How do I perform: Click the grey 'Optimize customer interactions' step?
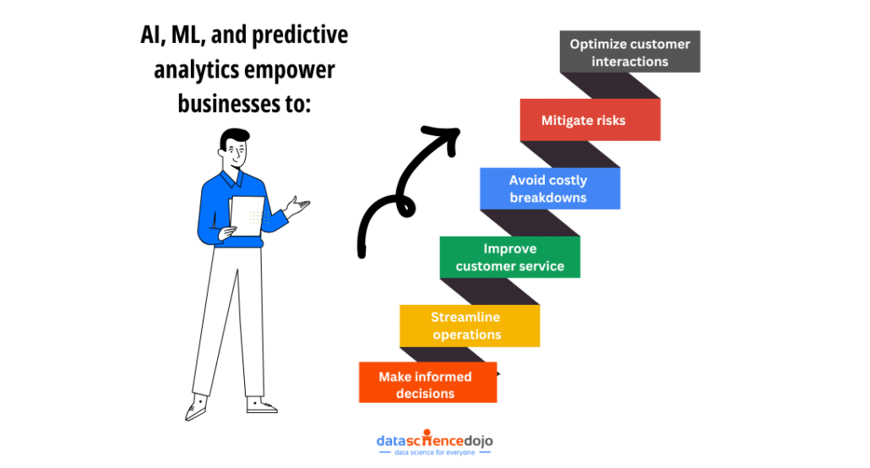(630, 52)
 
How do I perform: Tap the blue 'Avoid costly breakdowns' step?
(549, 188)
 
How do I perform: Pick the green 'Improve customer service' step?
(509, 257)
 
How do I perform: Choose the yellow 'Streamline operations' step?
(469, 325)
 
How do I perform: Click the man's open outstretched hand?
(297, 204)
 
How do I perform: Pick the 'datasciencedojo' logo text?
(434, 441)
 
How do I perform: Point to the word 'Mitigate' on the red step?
(567, 120)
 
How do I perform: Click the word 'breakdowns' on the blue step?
(548, 198)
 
